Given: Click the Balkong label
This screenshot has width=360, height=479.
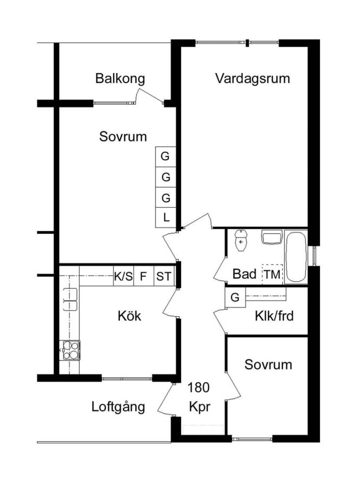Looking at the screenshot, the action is click(120, 78).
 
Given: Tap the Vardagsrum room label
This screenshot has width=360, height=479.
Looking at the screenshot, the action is click(252, 78).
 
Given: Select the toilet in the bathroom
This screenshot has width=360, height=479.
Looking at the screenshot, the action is click(241, 240).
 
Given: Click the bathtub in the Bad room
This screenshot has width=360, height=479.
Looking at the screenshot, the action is click(296, 257).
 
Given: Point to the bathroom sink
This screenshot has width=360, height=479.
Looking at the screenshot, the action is click(272, 237).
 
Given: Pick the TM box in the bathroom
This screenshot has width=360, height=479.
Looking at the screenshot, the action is click(272, 274).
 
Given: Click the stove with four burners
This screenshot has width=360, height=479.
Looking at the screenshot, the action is click(70, 350).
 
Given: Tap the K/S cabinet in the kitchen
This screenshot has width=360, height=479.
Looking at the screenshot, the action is click(124, 276).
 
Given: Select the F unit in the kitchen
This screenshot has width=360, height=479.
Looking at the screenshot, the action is click(144, 276).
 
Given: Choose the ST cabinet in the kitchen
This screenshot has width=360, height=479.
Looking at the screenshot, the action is click(164, 276).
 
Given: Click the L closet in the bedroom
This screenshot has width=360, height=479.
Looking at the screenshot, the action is click(166, 218).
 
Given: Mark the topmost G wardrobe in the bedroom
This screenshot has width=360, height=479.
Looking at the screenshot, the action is click(166, 156).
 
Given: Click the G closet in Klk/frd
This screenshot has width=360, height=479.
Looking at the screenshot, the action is click(235, 297).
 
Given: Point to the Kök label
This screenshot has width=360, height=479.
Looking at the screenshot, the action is click(129, 316).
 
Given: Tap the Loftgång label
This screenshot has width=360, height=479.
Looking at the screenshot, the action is click(118, 407).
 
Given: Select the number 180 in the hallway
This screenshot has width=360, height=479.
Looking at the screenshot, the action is click(199, 387).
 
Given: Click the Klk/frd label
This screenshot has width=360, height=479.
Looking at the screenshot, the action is click(274, 316).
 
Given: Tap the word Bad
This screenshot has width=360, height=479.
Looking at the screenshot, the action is click(244, 274).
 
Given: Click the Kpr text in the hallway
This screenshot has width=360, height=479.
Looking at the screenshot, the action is click(200, 407).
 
